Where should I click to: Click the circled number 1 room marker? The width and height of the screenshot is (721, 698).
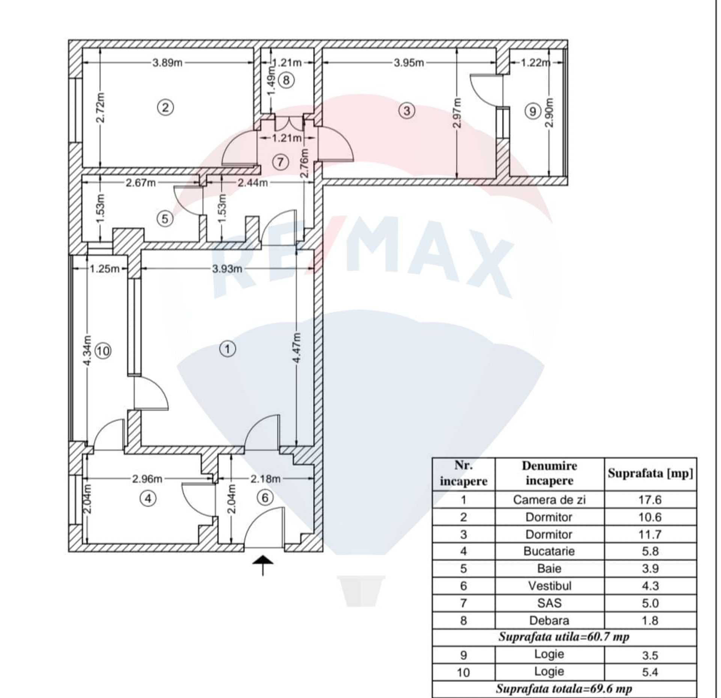[227, 349]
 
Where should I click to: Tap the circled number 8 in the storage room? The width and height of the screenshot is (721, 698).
[286, 80]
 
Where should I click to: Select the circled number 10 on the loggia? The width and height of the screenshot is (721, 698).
[104, 351]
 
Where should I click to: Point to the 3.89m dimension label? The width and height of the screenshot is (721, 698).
[167, 63]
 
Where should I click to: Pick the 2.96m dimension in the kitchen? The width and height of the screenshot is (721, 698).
[147, 479]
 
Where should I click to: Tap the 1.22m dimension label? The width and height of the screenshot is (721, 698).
[535, 63]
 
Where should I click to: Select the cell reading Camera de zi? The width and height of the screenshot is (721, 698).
[549, 500]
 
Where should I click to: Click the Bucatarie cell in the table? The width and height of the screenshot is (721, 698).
[549, 551]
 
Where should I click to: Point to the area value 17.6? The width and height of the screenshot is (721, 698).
[650, 500]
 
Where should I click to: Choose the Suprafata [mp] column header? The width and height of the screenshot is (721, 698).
[650, 473]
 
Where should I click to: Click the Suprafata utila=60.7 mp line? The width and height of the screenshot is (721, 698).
[564, 637]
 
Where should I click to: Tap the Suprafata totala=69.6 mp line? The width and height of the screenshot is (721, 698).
[564, 689]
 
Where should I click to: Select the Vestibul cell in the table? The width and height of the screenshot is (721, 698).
[549, 586]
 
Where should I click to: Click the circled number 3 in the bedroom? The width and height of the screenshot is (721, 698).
[407, 111]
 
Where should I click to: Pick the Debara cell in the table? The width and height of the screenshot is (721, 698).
[549, 621]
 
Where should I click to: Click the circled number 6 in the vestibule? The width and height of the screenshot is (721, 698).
[265, 498]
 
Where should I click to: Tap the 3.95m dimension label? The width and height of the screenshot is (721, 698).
[409, 63]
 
